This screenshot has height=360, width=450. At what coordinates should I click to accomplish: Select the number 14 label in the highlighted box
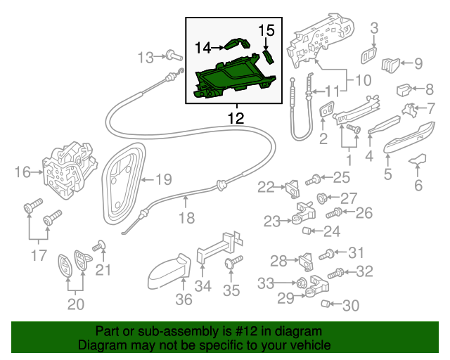(203, 47)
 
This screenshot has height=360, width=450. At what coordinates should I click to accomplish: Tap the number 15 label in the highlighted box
(265, 30)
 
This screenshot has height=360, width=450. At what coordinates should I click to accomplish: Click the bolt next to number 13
(171, 55)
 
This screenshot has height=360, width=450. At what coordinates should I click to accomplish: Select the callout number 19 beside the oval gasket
(163, 179)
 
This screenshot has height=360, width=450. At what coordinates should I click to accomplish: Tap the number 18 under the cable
(186, 218)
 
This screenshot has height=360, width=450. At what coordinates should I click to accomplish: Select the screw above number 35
(231, 264)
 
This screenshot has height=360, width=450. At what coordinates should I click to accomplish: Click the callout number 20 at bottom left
(75, 304)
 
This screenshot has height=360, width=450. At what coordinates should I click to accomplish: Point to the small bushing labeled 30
(326, 304)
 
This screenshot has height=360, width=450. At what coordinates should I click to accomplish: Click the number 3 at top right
(374, 28)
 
